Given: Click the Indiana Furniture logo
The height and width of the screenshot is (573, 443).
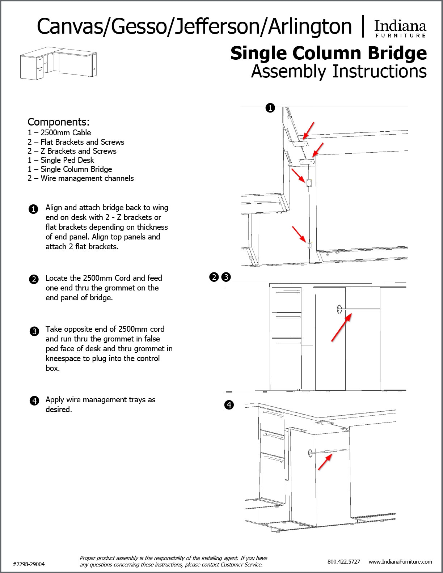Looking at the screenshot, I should pyautogui.click(x=400, y=28).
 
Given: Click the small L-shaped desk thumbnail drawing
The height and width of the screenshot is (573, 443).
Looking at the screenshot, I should pyautogui.click(x=58, y=64).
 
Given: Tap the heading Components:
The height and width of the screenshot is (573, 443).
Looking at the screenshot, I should pyautogui.click(x=58, y=122).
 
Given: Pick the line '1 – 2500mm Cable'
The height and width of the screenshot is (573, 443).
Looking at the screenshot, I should pyautogui.click(x=59, y=133).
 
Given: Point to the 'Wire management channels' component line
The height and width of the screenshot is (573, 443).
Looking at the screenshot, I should pyautogui.click(x=81, y=178).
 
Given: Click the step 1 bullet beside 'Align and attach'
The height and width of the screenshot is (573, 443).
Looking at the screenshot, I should pyautogui.click(x=33, y=209).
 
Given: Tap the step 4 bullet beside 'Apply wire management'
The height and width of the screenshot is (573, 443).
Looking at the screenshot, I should pyautogui.click(x=34, y=401).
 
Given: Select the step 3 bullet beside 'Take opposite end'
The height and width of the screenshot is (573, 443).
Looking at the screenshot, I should pyautogui.click(x=34, y=331).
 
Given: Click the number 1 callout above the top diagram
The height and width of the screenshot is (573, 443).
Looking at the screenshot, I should pyautogui.click(x=270, y=108).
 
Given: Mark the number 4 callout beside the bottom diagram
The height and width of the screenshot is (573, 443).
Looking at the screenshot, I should pyautogui.click(x=229, y=405).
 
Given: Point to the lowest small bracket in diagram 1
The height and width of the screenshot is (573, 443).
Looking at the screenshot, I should pyautogui.click(x=309, y=246).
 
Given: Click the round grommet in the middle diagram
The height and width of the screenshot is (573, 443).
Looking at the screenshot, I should pyautogui.click(x=339, y=309).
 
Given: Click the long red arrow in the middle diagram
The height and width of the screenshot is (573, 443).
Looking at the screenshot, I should pyautogui.click(x=341, y=328).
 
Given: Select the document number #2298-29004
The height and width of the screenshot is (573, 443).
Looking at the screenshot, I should pyautogui.click(x=29, y=564).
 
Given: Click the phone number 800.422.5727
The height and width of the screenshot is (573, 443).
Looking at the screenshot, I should pyautogui.click(x=343, y=561).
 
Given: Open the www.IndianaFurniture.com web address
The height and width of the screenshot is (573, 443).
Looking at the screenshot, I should pyautogui.click(x=400, y=561).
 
